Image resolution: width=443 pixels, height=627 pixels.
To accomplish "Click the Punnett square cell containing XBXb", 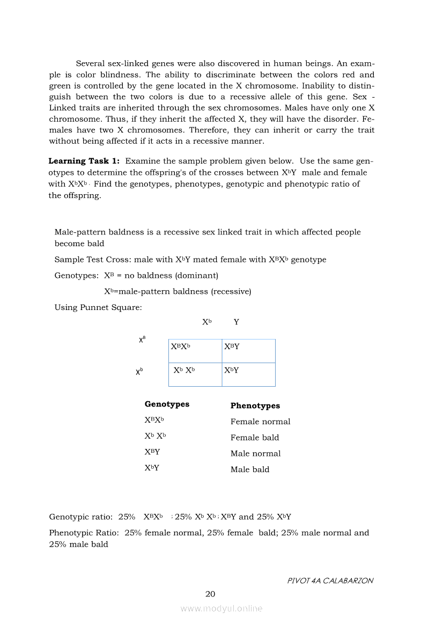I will click(x=195, y=351).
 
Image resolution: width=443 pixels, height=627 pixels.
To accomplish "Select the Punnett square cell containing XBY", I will click(x=248, y=351).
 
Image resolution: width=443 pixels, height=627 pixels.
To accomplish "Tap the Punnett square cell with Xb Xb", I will click(x=195, y=374).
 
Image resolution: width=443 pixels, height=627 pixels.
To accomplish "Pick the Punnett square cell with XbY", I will click(x=248, y=374).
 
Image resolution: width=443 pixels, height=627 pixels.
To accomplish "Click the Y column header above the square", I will click(x=237, y=322).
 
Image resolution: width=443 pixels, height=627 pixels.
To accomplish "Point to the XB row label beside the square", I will click(x=142, y=340).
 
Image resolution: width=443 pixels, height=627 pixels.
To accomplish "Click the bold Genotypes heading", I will click(x=167, y=404).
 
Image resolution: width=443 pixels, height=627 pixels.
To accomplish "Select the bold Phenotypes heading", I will click(x=255, y=406).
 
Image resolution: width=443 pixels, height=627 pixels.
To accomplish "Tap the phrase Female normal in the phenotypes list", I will click(x=260, y=422).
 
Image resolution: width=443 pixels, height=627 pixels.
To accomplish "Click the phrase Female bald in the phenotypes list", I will click(x=255, y=438).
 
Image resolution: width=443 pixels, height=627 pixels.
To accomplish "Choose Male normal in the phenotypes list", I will click(x=255, y=454).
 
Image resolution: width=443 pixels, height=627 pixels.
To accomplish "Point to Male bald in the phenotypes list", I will click(x=250, y=470).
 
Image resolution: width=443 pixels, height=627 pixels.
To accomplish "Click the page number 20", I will click(x=210, y=594).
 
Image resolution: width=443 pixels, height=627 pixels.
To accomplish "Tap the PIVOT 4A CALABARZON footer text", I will click(x=330, y=580).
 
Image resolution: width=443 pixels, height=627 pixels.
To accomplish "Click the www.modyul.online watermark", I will click(x=222, y=608).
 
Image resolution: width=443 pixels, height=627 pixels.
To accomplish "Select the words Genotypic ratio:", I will click(x=80, y=517).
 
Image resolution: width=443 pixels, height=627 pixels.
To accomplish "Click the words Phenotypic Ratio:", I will click(x=84, y=533).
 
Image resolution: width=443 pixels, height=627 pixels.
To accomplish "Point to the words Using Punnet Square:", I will click(x=98, y=307).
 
